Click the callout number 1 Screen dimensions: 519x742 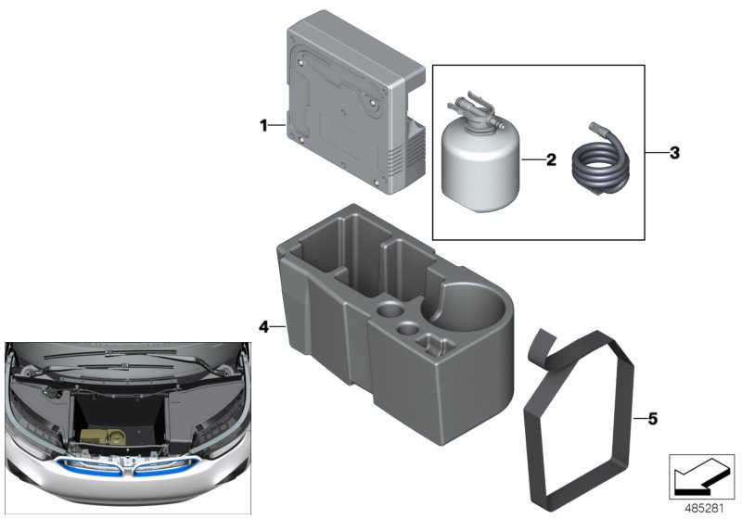[263, 124]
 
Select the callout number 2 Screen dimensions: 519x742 [550, 159]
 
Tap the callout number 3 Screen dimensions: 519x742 [674, 152]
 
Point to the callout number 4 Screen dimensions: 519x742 [263, 326]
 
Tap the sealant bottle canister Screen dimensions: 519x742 [480, 167]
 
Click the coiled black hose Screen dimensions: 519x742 [601, 169]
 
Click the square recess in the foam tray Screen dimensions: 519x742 [430, 345]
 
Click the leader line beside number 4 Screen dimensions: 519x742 [275, 326]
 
